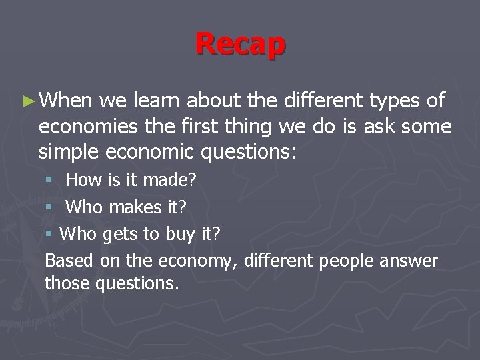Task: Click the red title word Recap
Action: (240, 44)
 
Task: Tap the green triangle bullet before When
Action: (27, 101)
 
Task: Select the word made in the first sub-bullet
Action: (165, 179)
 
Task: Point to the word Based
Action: (69, 260)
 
